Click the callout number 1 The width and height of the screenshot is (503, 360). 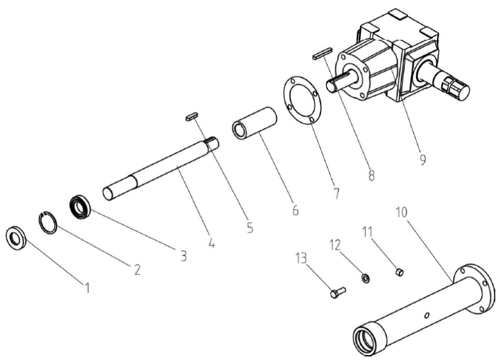[x=87, y=288]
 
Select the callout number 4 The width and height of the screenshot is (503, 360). [x=212, y=242]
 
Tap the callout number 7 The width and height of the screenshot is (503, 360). [x=336, y=193]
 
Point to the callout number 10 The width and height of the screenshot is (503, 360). [x=401, y=212]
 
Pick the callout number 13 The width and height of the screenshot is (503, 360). [x=301, y=258]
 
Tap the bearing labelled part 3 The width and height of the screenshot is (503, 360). [x=80, y=207]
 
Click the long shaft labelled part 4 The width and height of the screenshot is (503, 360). [x=161, y=169]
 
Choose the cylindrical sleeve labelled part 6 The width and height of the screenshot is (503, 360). [x=254, y=123]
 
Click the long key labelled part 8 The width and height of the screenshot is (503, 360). [x=322, y=53]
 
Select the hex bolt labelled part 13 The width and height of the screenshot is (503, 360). [x=338, y=292]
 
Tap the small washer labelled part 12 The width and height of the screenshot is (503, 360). [x=366, y=278]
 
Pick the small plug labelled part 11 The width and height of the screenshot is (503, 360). [x=400, y=273]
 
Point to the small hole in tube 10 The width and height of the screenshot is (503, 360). [x=427, y=316]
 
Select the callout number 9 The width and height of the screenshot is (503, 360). [x=423, y=159]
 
